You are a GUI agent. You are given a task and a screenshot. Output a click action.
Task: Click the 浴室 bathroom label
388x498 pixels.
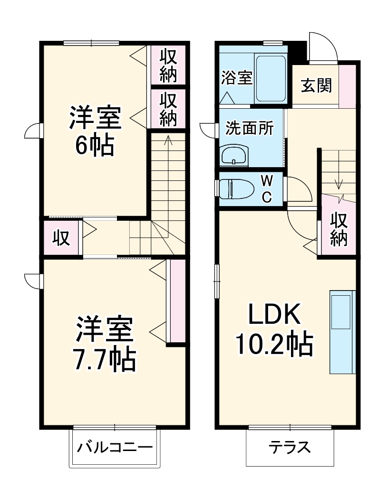coord(236,77)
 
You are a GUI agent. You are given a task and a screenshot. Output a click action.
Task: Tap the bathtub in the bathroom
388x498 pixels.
coord(271,78)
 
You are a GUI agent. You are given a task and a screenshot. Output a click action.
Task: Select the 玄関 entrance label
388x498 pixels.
coord(316,86)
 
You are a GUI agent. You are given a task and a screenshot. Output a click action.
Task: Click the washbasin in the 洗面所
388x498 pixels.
coord(234,155)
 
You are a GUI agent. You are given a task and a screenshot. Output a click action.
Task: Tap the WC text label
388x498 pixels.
coord(267,189)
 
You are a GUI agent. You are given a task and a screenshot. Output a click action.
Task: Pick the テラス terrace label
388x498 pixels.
coord(290,448)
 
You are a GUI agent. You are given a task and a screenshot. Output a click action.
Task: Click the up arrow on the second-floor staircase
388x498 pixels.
coord(167,141)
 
